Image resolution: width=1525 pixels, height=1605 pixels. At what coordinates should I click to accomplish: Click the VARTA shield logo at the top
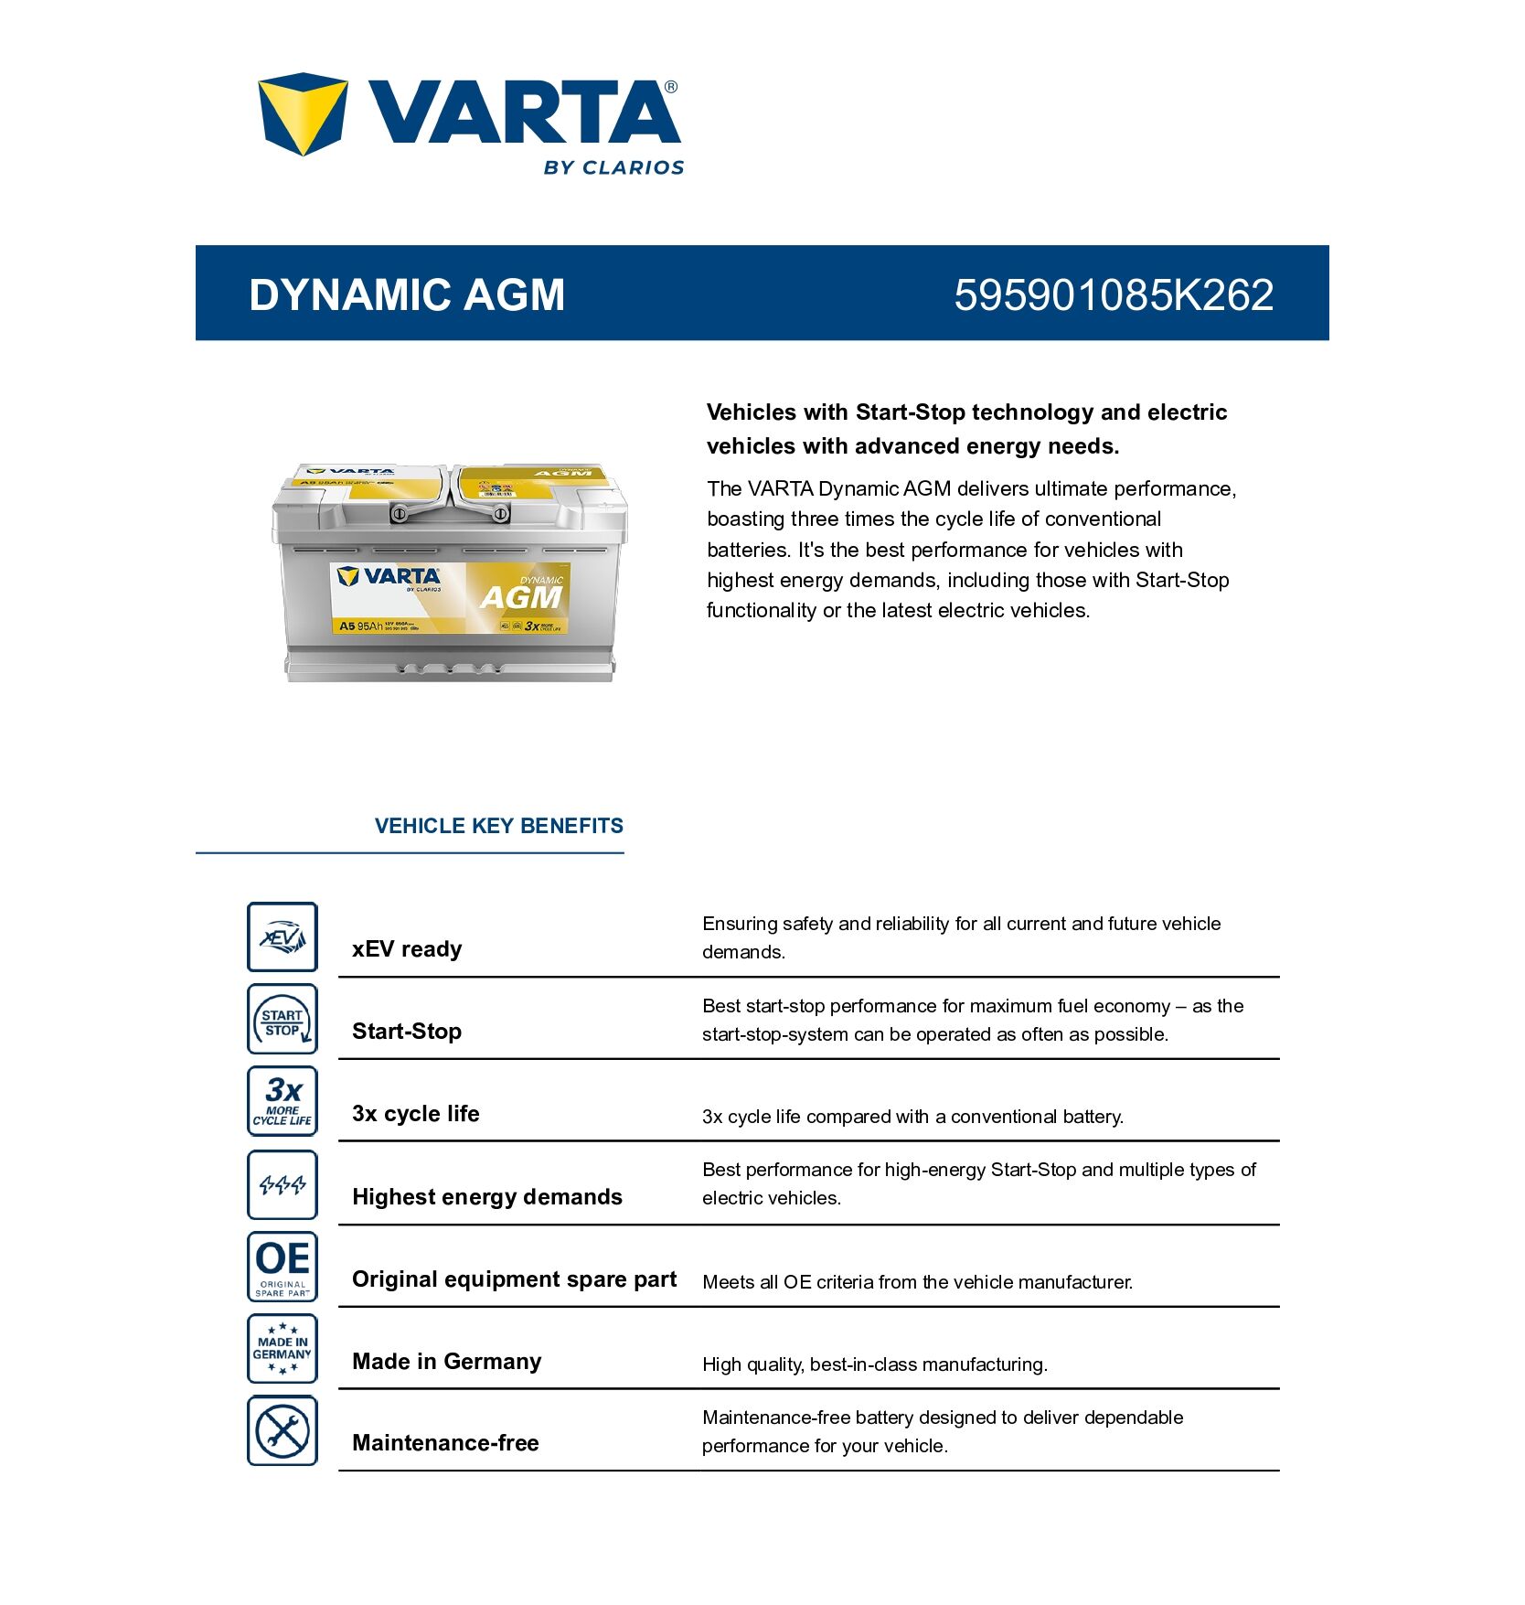303,113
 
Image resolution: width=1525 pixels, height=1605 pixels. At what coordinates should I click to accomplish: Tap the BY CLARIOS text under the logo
613,167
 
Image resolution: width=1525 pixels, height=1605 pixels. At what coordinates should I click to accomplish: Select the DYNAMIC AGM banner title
407,294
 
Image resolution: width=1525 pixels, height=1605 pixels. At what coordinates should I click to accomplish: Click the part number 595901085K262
1114,294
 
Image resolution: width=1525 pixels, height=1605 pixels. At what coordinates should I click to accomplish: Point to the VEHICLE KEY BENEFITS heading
498,826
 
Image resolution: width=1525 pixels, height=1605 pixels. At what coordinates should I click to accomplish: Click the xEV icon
283,937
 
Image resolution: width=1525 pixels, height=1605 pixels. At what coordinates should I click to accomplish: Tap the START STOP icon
283,1020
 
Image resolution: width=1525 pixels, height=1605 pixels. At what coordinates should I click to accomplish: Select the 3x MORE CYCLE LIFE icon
283,1101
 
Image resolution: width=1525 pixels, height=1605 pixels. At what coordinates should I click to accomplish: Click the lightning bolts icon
283,1185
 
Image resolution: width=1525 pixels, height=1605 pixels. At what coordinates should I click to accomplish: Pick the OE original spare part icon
283,1267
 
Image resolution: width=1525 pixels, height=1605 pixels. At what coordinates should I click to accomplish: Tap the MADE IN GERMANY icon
283,1349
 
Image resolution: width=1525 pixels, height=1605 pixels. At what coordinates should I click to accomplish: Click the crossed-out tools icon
283,1431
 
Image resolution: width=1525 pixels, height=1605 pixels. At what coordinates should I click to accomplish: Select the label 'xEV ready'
407,949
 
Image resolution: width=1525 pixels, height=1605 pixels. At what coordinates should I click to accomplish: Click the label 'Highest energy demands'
487,1197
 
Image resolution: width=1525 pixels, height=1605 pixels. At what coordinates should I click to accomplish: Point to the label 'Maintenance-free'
445,1443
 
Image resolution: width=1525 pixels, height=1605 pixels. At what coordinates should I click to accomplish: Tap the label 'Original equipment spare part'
514,1279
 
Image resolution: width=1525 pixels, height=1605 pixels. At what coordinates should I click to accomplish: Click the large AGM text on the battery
521,597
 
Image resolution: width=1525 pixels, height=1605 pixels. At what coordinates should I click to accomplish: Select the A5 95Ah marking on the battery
360,626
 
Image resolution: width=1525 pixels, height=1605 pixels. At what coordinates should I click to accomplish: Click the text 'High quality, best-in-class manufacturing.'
875,1364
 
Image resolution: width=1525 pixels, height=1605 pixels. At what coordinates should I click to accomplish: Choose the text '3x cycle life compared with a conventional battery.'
912,1117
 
